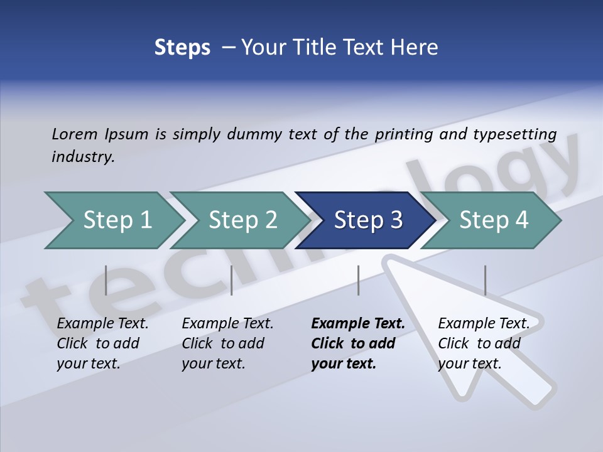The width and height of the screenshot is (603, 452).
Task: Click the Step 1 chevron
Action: pyautogui.click(x=116, y=220)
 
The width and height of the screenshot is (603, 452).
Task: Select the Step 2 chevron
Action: pyautogui.click(x=242, y=220)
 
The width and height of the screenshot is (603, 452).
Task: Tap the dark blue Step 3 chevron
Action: pyautogui.click(x=367, y=220)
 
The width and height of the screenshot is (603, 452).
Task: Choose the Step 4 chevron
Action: pyautogui.click(x=493, y=220)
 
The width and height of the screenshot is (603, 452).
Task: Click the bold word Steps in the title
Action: pyautogui.click(x=182, y=47)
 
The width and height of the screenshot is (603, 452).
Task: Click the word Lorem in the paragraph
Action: pyautogui.click(x=74, y=134)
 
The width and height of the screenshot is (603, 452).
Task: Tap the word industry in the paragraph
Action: pyautogui.click(x=82, y=157)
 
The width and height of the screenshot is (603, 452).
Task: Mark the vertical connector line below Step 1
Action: pyautogui.click(x=106, y=280)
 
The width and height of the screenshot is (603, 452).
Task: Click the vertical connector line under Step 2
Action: pyautogui.click(x=232, y=280)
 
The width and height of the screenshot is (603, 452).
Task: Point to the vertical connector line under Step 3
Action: pyautogui.click(x=358, y=280)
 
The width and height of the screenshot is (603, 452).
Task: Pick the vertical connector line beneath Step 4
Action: pyautogui.click(x=485, y=280)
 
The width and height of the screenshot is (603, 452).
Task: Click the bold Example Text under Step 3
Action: pyautogui.click(x=358, y=324)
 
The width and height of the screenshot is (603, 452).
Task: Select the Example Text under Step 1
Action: pyautogui.click(x=102, y=324)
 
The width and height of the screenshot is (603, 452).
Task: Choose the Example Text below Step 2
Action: pyautogui.click(x=227, y=324)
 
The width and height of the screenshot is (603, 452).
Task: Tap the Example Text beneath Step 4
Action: pyautogui.click(x=484, y=324)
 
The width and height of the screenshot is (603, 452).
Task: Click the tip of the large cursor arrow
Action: pyautogui.click(x=386, y=257)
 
